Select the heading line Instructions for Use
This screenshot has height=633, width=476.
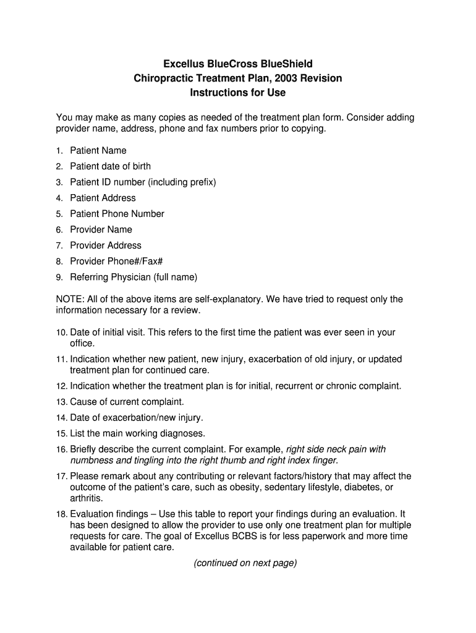click(237, 93)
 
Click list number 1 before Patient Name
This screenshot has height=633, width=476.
click(59, 151)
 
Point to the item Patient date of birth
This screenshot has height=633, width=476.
click(110, 166)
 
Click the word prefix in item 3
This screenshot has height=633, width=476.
click(198, 182)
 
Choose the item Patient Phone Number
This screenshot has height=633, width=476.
click(117, 214)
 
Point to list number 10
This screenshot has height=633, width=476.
click(61, 333)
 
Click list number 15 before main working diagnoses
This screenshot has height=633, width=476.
click(61, 433)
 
